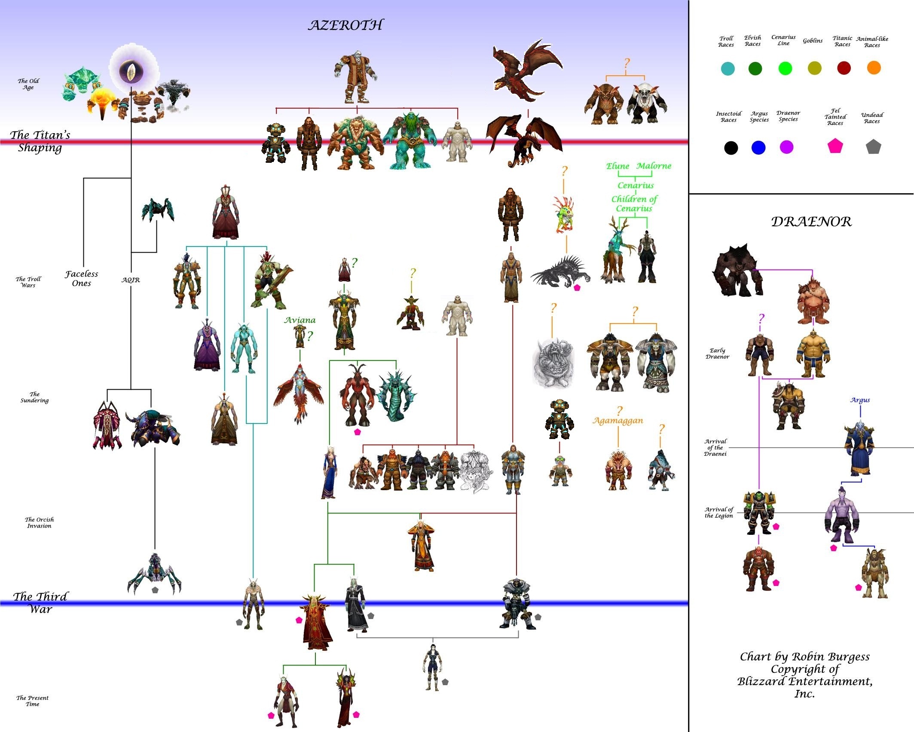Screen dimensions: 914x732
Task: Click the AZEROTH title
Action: click(x=345, y=25)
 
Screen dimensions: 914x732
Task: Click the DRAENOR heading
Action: click(x=811, y=222)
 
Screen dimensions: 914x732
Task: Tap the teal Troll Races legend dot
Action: click(x=728, y=69)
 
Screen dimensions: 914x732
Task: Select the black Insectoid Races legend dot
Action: click(x=731, y=148)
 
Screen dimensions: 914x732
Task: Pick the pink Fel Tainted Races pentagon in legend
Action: click(x=835, y=146)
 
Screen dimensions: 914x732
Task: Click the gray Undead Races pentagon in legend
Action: click(x=873, y=147)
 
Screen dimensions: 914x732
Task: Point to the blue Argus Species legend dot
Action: click(x=758, y=148)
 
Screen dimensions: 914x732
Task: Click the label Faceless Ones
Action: click(x=82, y=278)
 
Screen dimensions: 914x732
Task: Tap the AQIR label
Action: click(x=131, y=280)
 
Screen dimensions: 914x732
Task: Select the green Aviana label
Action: click(x=300, y=320)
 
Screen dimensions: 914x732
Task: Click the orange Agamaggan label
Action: click(x=618, y=421)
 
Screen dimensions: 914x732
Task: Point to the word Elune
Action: click(x=617, y=166)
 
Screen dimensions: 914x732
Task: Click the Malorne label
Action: click(x=654, y=166)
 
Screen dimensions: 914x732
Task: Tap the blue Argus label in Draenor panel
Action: click(x=860, y=400)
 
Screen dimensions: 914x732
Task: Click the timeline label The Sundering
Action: click(x=34, y=397)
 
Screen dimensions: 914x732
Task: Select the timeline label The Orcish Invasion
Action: click(x=39, y=522)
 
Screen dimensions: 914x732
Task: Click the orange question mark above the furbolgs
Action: click(x=627, y=64)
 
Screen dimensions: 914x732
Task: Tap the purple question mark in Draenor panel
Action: click(x=761, y=318)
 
